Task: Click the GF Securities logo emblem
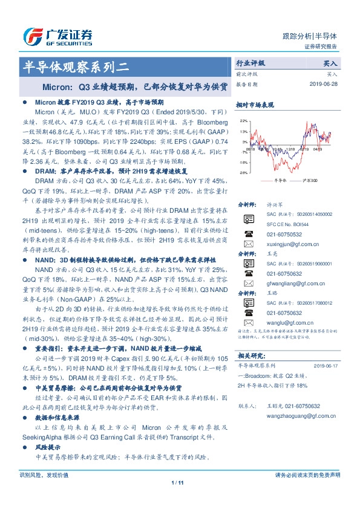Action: click(31, 36)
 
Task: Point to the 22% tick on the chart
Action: click(243, 121)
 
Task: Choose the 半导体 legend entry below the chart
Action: click(279, 180)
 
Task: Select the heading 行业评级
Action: click(250, 63)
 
